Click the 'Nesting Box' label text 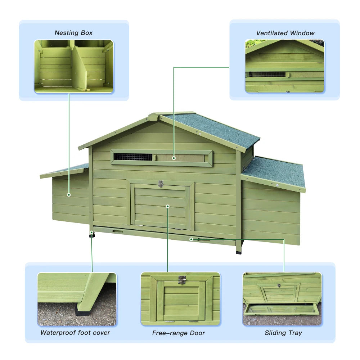(73, 33)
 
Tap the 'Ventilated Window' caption (285, 33)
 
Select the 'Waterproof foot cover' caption (75, 332)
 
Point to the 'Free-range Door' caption (179, 333)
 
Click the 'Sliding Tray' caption (283, 333)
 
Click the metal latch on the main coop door (161, 184)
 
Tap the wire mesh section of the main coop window (133, 157)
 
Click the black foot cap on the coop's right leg (239, 251)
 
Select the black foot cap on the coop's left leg (92, 235)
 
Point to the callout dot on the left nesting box (69, 195)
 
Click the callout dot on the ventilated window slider (174, 158)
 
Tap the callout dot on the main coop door (168, 206)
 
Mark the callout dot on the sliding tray (191, 239)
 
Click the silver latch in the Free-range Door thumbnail (182, 279)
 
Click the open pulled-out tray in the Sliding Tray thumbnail (281, 309)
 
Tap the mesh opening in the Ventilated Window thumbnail (266, 75)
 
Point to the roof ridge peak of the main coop (154, 116)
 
